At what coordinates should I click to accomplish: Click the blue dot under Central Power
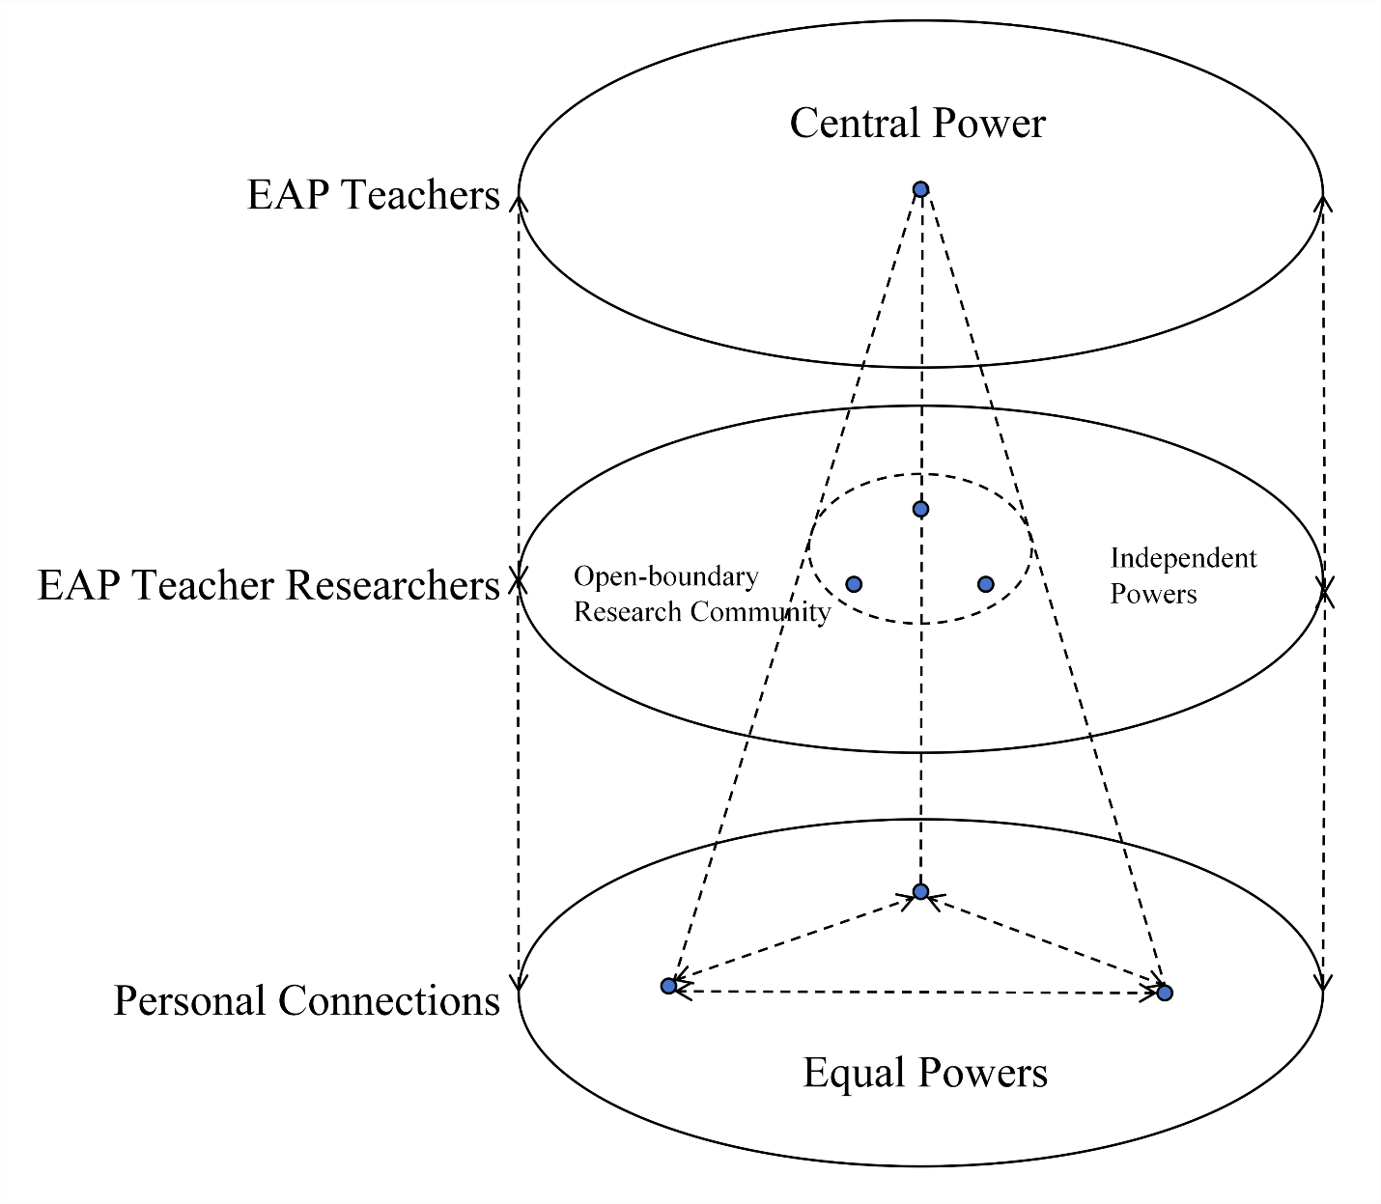tap(920, 189)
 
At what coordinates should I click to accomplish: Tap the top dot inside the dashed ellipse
tap(920, 509)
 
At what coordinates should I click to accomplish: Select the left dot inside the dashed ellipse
tap(854, 584)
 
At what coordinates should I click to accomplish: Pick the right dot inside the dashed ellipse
tap(985, 584)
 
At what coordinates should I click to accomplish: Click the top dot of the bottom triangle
tap(920, 891)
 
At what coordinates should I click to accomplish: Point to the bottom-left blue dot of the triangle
tap(668, 986)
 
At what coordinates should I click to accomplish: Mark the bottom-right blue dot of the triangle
tap(1165, 993)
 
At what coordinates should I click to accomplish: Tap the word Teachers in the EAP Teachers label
tap(421, 195)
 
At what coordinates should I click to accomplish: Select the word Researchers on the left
tap(393, 585)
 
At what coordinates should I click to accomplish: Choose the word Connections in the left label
tap(389, 1000)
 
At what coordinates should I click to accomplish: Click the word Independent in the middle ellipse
tap(1184, 558)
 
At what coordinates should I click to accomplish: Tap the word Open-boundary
tap(666, 576)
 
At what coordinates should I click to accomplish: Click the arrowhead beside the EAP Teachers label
tap(519, 204)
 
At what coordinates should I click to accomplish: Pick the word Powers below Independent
tap(1153, 595)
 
